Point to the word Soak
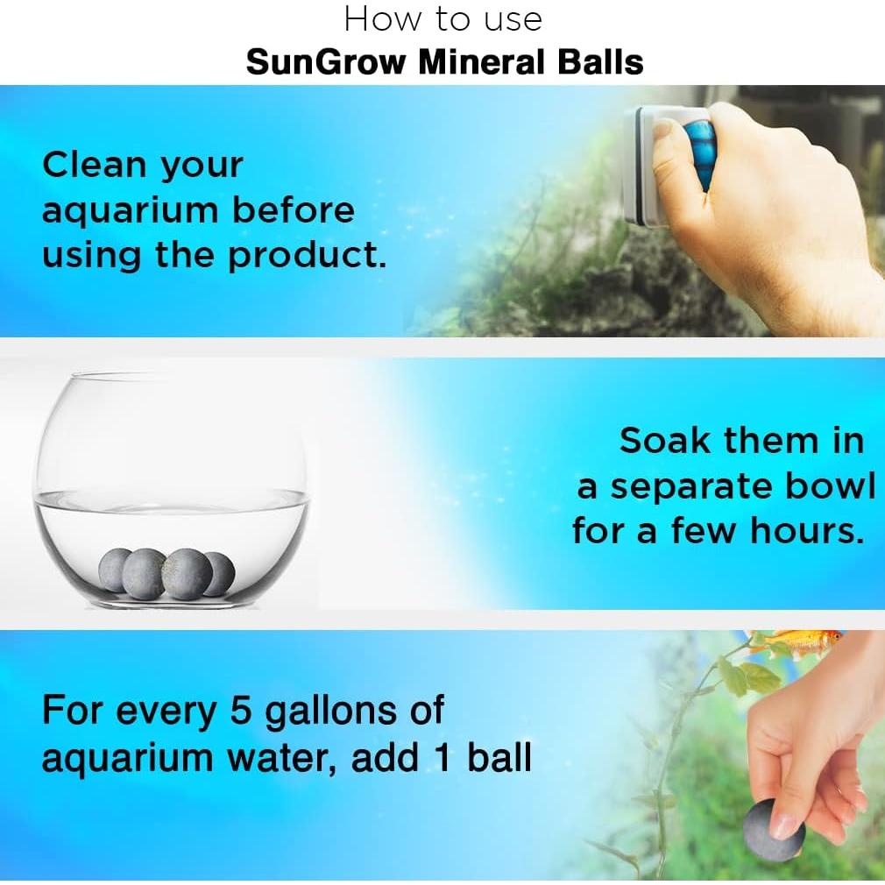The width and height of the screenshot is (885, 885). pos(663,440)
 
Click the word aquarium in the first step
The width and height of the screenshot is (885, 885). pos(130,211)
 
